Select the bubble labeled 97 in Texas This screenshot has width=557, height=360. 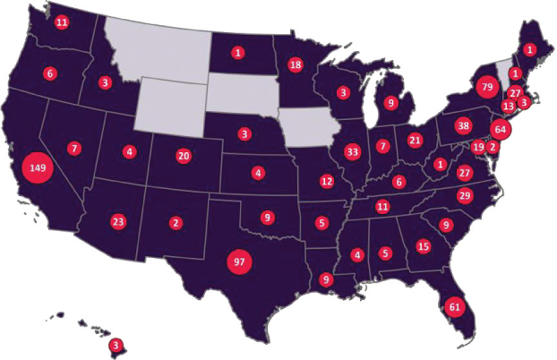[x=237, y=261]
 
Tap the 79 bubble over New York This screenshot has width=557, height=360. [x=487, y=88]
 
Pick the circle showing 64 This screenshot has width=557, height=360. [x=501, y=130]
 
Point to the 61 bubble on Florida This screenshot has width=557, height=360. [x=454, y=307]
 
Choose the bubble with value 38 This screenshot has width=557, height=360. [x=463, y=125]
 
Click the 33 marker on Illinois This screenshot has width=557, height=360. [x=352, y=152]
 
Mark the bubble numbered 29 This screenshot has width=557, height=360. [x=464, y=196]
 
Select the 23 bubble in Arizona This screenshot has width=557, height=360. [x=118, y=221]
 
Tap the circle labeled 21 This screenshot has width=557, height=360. [x=415, y=140]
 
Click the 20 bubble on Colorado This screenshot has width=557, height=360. [x=184, y=155]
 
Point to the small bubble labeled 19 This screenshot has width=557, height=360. [x=478, y=147]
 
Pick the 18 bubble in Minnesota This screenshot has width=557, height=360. [x=296, y=64]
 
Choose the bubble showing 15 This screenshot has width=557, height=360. [x=424, y=246]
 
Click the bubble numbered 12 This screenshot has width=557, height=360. [x=327, y=182]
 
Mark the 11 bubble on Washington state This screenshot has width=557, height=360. [x=62, y=21]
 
